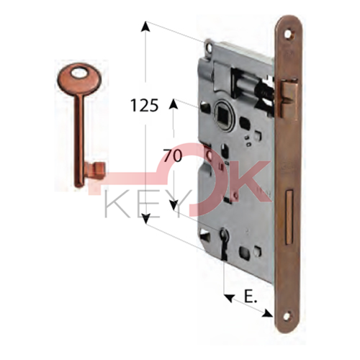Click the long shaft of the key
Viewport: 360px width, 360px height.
click(x=77, y=130)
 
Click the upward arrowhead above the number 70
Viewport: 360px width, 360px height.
click(x=174, y=105)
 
